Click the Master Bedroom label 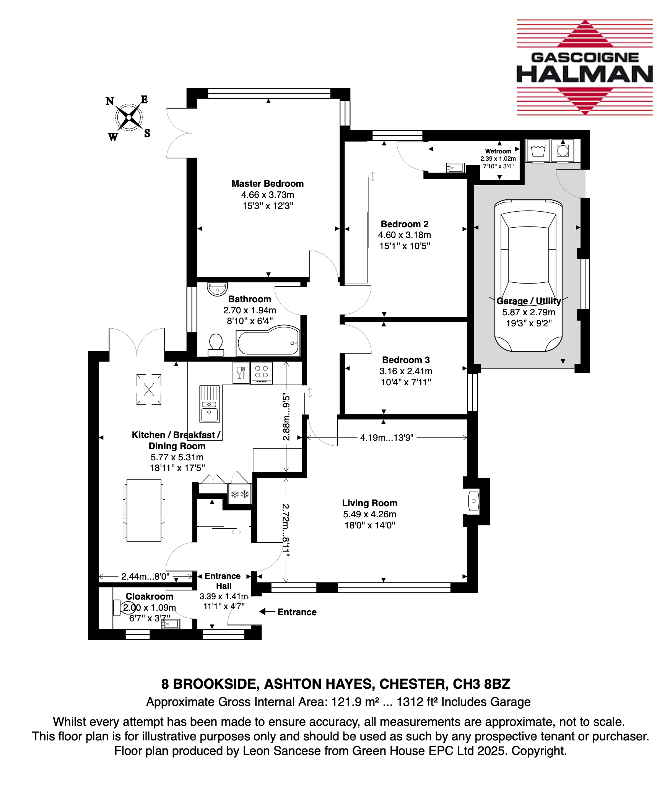tap(268, 184)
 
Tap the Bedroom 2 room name tap(405, 224)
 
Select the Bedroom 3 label tap(406, 360)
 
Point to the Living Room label tap(370, 503)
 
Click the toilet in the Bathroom tap(216, 345)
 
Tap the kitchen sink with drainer tap(210, 404)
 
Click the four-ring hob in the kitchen tap(262, 373)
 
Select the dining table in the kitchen tap(144, 510)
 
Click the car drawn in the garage tap(529, 275)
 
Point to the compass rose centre tap(129, 117)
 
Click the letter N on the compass tap(110, 101)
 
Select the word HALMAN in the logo tap(585, 74)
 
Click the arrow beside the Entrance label tap(267, 612)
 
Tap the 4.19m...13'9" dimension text tap(387, 438)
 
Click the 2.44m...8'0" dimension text tap(145, 577)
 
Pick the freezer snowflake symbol tap(240, 494)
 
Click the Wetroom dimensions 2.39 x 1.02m tap(498, 159)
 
